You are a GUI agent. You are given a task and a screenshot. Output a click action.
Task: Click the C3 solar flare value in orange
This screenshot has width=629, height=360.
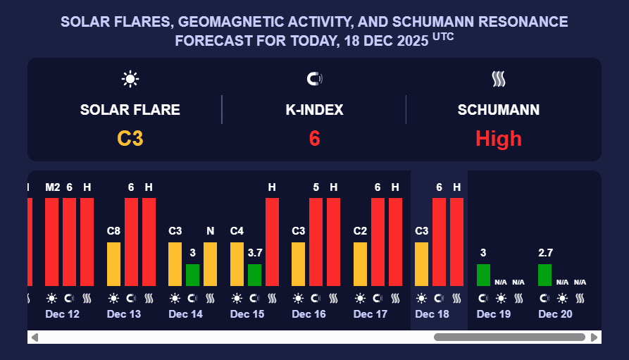[x=130, y=138]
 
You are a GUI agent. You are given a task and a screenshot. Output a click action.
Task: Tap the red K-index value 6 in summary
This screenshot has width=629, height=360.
[x=314, y=138]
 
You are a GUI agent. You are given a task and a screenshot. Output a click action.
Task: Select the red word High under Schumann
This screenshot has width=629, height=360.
[x=499, y=138]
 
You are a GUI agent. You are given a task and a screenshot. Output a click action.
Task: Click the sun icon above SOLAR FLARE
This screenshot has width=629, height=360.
[x=130, y=79]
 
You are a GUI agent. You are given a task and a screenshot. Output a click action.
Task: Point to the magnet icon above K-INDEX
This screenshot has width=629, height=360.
[x=314, y=79]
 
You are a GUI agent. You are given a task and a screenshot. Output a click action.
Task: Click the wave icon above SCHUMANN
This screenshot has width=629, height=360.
[x=499, y=79]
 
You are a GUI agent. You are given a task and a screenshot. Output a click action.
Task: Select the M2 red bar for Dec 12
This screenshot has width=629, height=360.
[x=52, y=242]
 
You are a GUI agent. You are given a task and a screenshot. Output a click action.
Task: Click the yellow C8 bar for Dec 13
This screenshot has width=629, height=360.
[x=114, y=264]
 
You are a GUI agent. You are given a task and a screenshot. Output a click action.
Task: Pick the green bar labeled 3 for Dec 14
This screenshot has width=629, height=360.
[x=192, y=275]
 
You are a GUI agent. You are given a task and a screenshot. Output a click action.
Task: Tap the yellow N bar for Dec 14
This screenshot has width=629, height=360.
[x=210, y=264]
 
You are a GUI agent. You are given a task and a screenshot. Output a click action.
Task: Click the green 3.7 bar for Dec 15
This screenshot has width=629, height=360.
[x=254, y=275]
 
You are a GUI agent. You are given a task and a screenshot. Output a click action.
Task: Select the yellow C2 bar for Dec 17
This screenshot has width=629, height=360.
[x=361, y=264]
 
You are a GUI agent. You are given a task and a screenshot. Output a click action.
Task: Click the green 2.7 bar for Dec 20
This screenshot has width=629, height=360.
[x=544, y=275]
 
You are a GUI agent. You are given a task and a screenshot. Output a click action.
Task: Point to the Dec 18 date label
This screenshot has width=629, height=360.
[x=432, y=314]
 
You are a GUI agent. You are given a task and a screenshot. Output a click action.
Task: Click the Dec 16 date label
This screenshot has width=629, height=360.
[x=309, y=314]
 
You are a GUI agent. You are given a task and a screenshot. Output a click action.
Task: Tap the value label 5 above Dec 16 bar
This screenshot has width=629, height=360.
[x=316, y=187]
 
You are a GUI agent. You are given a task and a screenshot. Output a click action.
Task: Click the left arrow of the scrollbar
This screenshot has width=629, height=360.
[x=35, y=337]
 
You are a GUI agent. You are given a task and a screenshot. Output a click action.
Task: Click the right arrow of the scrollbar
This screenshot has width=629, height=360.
[x=594, y=337]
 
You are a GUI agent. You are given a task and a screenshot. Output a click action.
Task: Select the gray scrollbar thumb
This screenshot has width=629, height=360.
[x=509, y=337]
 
